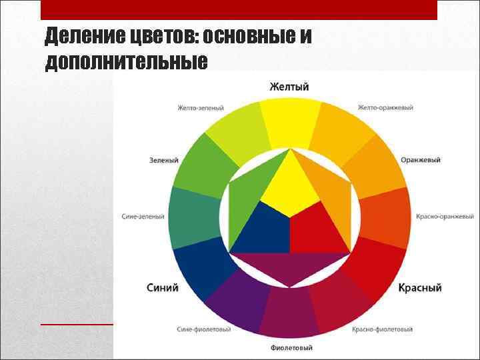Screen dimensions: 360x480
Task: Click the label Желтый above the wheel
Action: (x=289, y=87)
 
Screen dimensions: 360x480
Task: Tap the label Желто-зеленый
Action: (x=201, y=107)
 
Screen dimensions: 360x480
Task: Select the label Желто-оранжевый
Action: (x=385, y=107)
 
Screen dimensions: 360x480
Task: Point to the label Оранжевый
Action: (x=421, y=160)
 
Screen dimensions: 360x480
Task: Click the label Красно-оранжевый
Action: (x=445, y=217)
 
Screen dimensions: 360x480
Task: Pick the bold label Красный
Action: (x=420, y=288)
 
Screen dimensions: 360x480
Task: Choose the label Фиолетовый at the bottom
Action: (x=291, y=348)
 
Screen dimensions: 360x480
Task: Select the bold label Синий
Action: (x=163, y=288)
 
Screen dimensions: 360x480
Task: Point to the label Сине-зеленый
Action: (x=143, y=217)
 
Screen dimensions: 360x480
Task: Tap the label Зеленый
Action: (x=164, y=160)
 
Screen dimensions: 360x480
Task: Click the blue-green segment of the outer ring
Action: (x=193, y=217)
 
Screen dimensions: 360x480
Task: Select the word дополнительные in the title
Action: (x=126, y=62)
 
